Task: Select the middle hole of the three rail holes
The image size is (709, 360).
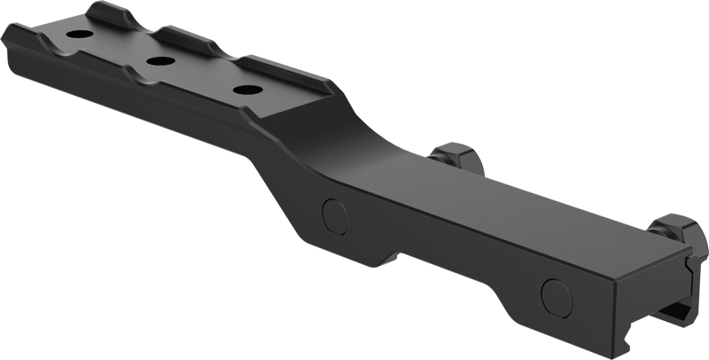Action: [161, 61]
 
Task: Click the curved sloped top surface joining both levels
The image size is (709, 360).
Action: [337, 151]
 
